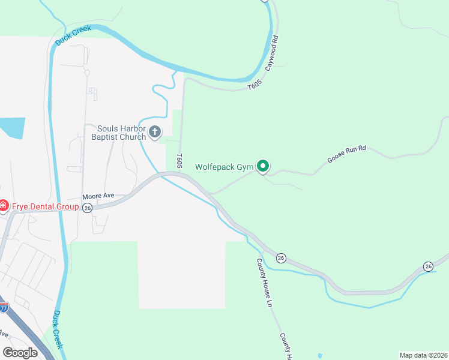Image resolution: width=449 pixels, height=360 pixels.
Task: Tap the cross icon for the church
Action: [155, 132]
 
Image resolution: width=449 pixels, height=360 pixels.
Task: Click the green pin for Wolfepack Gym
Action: [262, 166]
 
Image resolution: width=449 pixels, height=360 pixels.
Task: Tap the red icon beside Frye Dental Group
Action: [3, 207]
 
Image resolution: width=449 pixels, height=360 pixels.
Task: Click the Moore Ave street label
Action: [98, 197]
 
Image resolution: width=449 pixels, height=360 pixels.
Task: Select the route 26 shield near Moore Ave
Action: [88, 208]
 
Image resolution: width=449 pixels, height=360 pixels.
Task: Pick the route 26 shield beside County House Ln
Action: [281, 257]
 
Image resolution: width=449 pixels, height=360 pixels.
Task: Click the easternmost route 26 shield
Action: [428, 266]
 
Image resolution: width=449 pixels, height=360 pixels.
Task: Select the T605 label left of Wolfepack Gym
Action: [179, 160]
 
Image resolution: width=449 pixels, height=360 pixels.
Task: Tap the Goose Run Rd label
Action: [346, 154]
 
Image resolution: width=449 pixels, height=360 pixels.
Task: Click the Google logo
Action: [20, 353]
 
